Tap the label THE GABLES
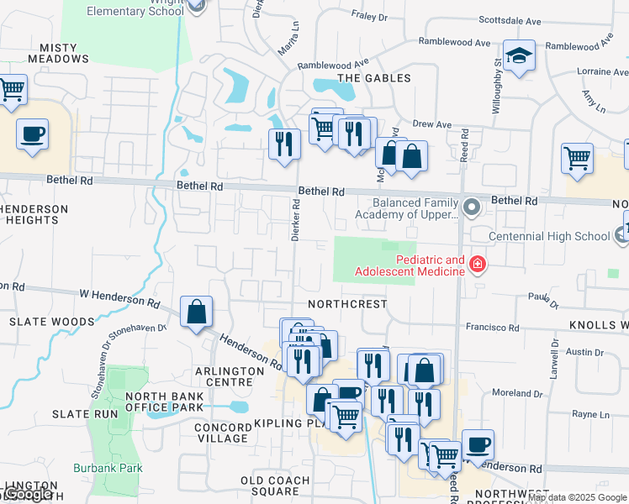pyautogui.click(x=373, y=78)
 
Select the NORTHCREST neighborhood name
pyautogui.click(x=347, y=304)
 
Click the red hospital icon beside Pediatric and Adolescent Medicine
pyautogui.click(x=478, y=265)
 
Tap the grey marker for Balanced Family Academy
pyautogui.click(x=472, y=206)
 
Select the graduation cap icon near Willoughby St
pyautogui.click(x=519, y=56)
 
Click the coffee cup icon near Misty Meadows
pyautogui.click(x=32, y=134)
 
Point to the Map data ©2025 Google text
pyautogui.click(x=577, y=497)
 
